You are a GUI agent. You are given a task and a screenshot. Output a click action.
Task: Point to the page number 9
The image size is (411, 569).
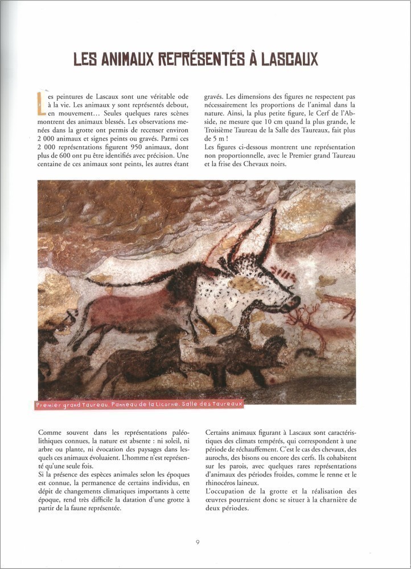197,542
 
